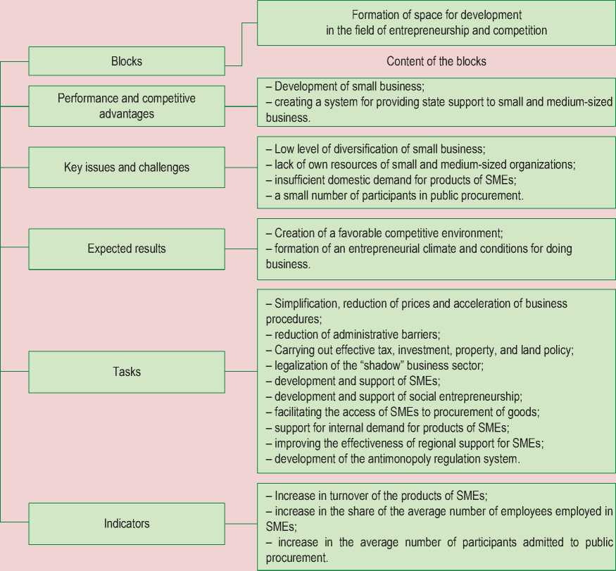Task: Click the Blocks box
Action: (127, 61)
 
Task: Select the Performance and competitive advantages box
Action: (127, 106)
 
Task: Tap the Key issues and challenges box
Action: (127, 168)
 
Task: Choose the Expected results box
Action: (127, 249)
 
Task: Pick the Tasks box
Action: (127, 371)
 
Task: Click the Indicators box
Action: (127, 523)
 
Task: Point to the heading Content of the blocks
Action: (436, 61)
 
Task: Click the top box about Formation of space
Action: (436, 23)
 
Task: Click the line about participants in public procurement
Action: (394, 195)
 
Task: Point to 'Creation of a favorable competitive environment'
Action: (384, 233)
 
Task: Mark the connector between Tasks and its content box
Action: (241, 371)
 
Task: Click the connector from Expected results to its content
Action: (241, 249)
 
